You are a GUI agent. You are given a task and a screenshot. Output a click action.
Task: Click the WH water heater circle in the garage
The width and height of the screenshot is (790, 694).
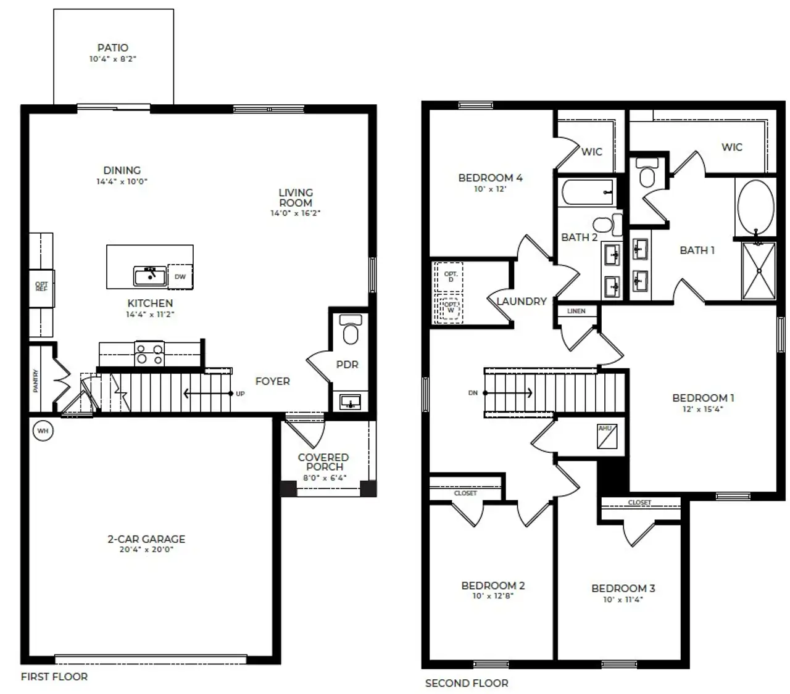pyautogui.click(x=43, y=431)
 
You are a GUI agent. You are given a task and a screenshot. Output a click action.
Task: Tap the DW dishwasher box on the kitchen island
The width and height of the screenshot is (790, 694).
pyautogui.click(x=180, y=276)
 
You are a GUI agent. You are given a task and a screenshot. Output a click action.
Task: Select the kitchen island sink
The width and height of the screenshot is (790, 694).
pyautogui.click(x=150, y=276)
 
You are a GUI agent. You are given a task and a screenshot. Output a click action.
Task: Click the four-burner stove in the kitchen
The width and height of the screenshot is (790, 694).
pyautogui.click(x=150, y=354)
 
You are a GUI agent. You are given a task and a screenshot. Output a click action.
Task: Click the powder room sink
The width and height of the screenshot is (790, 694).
pyautogui.click(x=351, y=402)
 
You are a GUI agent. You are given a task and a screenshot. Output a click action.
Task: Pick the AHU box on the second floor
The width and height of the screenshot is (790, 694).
pyautogui.click(x=605, y=436)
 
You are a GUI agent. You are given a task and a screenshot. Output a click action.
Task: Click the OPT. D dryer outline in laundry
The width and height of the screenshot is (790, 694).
pyautogui.click(x=451, y=276)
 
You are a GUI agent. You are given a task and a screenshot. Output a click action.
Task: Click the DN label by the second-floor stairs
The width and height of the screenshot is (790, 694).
pyautogui.click(x=473, y=392)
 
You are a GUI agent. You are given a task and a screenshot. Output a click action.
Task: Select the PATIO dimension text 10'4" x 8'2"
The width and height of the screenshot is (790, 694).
pyautogui.click(x=113, y=59)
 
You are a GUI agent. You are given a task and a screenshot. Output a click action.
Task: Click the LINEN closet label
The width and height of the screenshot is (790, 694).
pyautogui.click(x=576, y=311)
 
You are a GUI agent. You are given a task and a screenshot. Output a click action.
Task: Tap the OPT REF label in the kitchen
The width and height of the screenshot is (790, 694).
pyautogui.click(x=41, y=287)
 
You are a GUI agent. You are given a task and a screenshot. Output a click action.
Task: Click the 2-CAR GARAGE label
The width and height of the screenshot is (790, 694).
pyautogui.click(x=146, y=539)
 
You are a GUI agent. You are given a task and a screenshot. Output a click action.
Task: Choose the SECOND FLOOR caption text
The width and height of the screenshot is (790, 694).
pyautogui.click(x=467, y=683)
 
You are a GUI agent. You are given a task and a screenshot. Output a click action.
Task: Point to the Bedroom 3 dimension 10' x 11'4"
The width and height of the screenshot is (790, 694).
pyautogui.click(x=623, y=599)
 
